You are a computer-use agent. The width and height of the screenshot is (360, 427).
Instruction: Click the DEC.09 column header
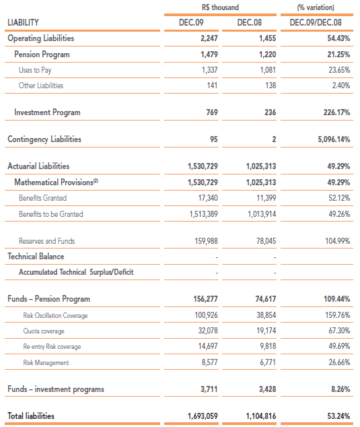pos(191,22)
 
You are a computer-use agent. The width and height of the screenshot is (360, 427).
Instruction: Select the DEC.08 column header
pos(249,22)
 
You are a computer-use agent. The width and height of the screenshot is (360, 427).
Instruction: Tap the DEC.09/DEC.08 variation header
pos(316,22)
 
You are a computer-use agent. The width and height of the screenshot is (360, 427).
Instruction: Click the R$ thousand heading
pos(220,7)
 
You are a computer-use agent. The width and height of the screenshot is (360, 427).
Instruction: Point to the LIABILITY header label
pos(23,22)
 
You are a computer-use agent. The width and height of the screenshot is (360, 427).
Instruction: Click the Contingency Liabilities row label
pos(44,139)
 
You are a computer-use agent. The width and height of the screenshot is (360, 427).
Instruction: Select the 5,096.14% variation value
pos(334,139)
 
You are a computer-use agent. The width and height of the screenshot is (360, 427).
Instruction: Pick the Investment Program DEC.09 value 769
pos(212,112)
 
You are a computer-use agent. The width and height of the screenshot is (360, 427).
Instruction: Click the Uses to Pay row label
pos(35,70)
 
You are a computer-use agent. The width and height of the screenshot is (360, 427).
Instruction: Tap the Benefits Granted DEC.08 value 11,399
pos(266,198)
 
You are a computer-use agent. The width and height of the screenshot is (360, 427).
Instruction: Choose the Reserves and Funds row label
pos(47,241)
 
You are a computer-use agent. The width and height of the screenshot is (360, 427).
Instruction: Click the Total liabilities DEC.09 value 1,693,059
pos(203,416)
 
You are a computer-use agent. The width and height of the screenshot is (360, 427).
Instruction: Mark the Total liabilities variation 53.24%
pos(338,416)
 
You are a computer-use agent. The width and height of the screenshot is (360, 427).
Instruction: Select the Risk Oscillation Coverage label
pos(55,315)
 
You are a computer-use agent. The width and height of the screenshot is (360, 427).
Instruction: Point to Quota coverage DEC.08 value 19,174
pos(266,331)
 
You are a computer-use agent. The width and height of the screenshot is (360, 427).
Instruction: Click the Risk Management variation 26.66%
pos(339,362)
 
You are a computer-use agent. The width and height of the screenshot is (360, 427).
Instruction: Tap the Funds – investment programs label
pos(56,389)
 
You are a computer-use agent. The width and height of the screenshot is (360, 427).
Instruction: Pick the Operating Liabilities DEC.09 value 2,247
pos(209,38)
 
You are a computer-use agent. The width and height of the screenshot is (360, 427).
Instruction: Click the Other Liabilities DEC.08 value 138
pos(271,86)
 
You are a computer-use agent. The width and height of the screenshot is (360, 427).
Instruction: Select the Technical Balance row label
pos(36,256)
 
